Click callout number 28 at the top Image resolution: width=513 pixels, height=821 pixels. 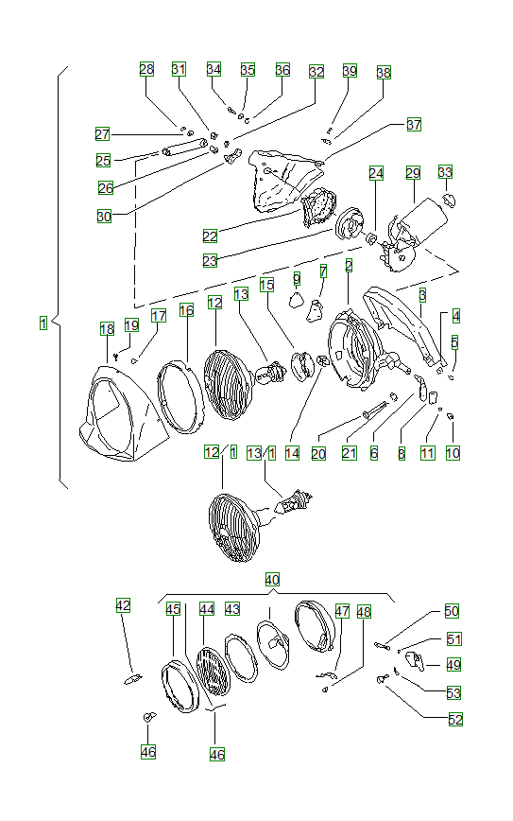[x=146, y=69]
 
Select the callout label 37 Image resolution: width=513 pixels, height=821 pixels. [x=414, y=125]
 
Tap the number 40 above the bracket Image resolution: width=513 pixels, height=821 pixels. [x=272, y=579]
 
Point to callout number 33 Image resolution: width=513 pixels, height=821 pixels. [x=445, y=172]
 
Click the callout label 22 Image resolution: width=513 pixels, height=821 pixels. [x=210, y=236]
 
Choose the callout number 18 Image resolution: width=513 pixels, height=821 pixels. [x=107, y=328]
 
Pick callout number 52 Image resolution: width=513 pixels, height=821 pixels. [x=455, y=719]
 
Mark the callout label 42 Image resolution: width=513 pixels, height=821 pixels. [x=124, y=605]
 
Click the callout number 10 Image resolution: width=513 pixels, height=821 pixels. [x=453, y=454]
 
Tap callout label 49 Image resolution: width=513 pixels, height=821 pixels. [x=453, y=665]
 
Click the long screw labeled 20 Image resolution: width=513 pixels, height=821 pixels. [x=371, y=411]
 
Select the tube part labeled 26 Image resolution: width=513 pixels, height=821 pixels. [x=185, y=148]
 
